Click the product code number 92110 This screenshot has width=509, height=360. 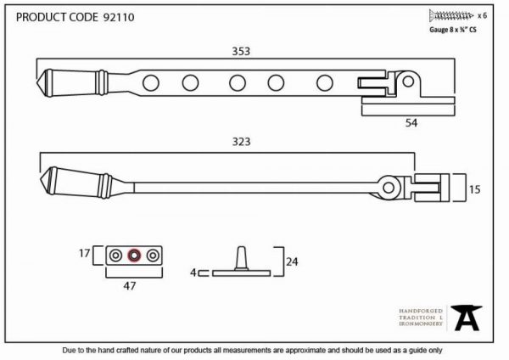[119, 17]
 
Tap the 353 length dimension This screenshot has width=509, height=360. [241, 51]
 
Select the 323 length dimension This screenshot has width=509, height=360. [241, 142]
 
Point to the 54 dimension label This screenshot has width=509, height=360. [411, 123]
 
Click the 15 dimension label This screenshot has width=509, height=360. [474, 189]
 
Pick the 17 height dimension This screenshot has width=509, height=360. [84, 253]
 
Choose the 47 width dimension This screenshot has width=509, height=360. [130, 286]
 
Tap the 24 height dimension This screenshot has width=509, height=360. [292, 262]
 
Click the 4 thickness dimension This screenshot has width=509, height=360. [193, 273]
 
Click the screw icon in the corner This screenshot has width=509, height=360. [451, 15]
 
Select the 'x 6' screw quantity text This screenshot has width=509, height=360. [482, 15]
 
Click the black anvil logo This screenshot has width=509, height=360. [467, 318]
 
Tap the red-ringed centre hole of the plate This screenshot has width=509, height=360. [134, 256]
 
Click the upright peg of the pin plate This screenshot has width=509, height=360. [241, 258]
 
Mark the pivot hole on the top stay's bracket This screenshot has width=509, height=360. [408, 82]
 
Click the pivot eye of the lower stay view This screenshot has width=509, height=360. [389, 188]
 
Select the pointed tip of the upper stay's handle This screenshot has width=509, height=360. [36, 82]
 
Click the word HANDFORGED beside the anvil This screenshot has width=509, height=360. [421, 311]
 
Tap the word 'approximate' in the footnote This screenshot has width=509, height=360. [305, 351]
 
